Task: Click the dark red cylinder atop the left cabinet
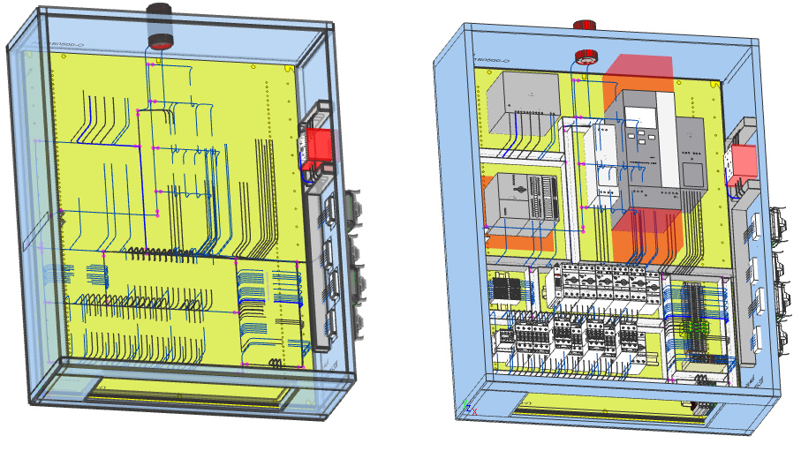161,24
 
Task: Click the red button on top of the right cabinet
584,26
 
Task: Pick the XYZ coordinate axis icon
468,408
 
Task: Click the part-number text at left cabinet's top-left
66,44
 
